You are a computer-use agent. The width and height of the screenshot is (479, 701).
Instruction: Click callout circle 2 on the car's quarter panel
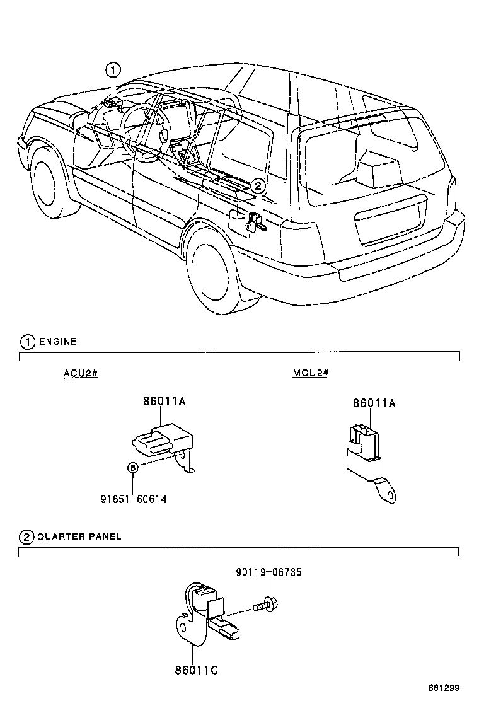(258, 186)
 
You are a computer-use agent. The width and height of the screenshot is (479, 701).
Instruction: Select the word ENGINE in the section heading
(57, 342)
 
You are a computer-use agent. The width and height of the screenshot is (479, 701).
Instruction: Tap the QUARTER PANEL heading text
(79, 536)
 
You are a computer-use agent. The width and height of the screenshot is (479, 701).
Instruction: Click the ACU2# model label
(80, 373)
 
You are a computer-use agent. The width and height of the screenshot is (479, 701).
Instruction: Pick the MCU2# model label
(310, 373)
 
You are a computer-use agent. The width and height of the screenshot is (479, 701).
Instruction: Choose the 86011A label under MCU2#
(374, 403)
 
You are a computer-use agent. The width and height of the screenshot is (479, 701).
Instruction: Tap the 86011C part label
(196, 671)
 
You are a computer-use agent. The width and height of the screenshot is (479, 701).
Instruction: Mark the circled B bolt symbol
(133, 468)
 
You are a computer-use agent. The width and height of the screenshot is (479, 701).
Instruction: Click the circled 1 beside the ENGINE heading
(28, 342)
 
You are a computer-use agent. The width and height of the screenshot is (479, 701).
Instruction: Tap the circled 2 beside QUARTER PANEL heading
(26, 537)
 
